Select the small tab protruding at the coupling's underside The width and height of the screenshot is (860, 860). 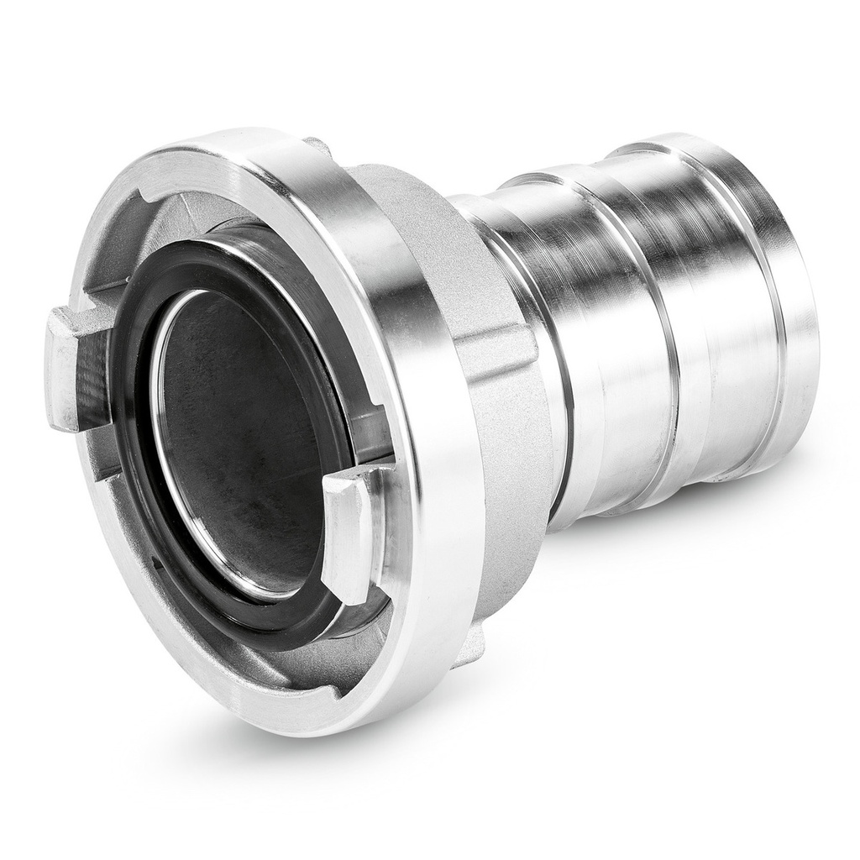pyautogui.click(x=470, y=647)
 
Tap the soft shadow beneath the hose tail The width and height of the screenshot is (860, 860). pyautogui.click(x=672, y=537)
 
